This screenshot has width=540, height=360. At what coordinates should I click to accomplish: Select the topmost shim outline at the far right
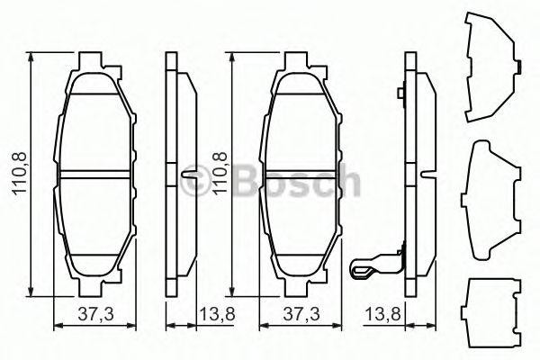(x=490, y=68)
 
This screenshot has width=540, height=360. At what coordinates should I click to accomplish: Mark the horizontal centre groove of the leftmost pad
(x=97, y=174)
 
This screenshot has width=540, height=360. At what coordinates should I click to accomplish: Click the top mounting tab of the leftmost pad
(x=94, y=61)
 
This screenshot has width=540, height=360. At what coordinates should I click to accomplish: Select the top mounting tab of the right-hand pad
(x=300, y=61)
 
